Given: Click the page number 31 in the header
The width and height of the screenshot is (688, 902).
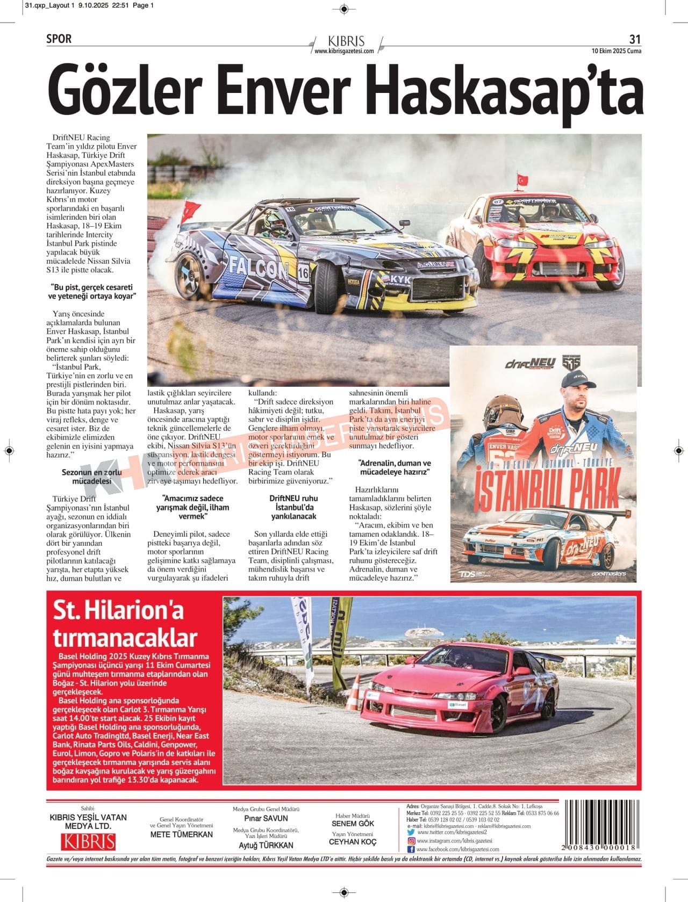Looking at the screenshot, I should tap(635, 39).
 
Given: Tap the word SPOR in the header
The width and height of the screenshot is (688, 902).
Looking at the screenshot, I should tap(59, 39).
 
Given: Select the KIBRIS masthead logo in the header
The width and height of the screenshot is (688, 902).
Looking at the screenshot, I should tap(346, 41).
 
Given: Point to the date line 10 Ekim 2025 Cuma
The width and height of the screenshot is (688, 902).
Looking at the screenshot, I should tap(616, 51).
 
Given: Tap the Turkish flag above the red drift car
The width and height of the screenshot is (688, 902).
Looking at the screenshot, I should tap(522, 179).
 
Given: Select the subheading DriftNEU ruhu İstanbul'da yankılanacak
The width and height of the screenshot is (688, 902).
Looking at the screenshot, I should tap(293, 507).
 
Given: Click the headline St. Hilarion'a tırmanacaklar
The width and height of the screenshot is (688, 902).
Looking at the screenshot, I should tap(125, 624).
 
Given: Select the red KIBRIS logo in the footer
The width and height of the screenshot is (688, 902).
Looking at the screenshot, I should tap(88, 841).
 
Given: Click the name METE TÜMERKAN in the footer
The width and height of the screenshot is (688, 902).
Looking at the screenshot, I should tap(181, 834).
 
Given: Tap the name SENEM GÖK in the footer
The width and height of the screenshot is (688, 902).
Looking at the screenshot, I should tap(353, 823).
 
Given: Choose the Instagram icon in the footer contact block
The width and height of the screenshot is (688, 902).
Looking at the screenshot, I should tap(411, 841).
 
